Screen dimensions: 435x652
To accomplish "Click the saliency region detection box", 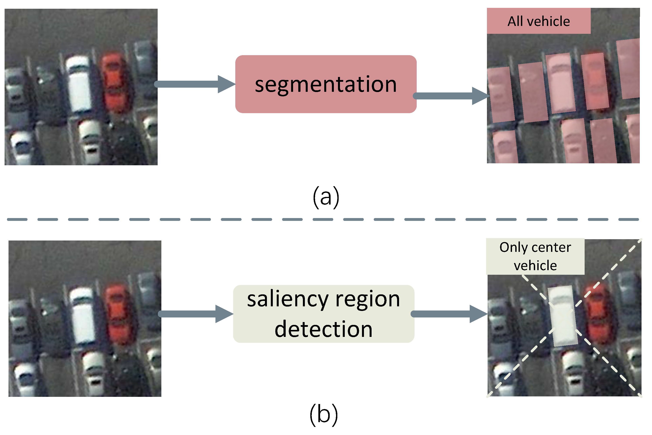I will point(324,314).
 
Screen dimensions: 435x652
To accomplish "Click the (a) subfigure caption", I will point(326,197).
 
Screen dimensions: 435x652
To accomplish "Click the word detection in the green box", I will point(324,329).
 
